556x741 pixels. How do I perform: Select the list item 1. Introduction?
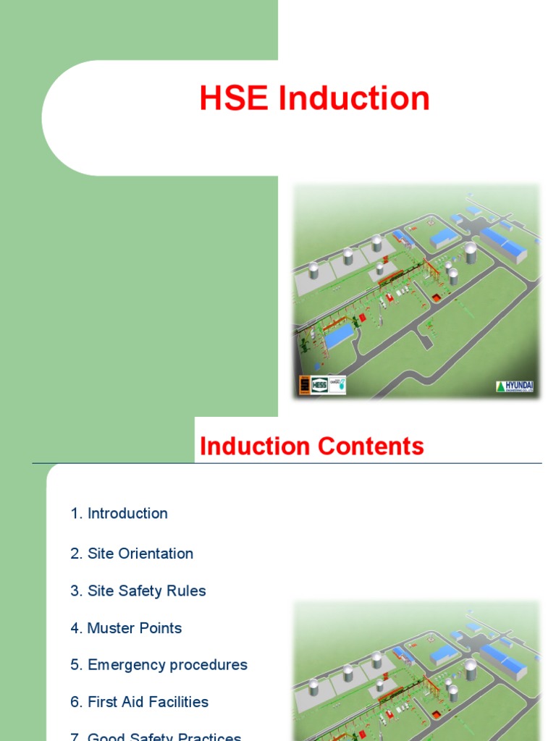pos(119,514)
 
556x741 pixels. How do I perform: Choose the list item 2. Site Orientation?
pos(132,554)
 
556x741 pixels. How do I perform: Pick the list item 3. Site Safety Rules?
pos(138,591)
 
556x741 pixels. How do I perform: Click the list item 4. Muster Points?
pos(126,628)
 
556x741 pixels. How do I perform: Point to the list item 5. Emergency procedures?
pos(159,665)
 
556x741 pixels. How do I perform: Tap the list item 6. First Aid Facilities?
pos(139,702)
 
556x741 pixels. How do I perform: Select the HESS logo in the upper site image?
pos(319,386)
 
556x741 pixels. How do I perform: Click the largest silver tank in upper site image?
pos(471,253)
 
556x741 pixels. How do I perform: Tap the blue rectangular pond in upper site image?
pos(338,336)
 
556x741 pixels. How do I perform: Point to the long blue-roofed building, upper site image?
pos(503,245)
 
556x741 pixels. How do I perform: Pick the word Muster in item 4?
pos(111,628)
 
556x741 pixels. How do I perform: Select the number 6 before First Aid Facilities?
pos(75,702)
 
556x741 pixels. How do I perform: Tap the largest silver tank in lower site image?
pos(471,670)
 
